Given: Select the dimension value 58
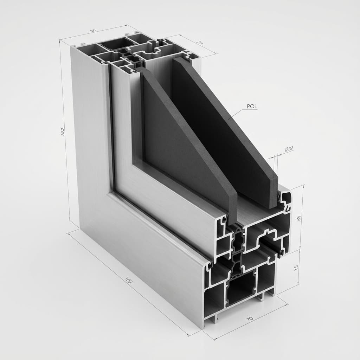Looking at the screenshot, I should click(x=298, y=218).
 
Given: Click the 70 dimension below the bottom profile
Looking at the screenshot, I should click(x=249, y=319).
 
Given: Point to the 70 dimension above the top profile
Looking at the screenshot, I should click(x=199, y=43).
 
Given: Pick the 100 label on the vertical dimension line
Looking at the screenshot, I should click(x=63, y=132).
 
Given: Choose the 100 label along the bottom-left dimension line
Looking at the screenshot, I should click(x=128, y=281).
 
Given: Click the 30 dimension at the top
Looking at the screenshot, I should click(x=93, y=31).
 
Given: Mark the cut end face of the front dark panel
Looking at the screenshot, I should click(x=231, y=204).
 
